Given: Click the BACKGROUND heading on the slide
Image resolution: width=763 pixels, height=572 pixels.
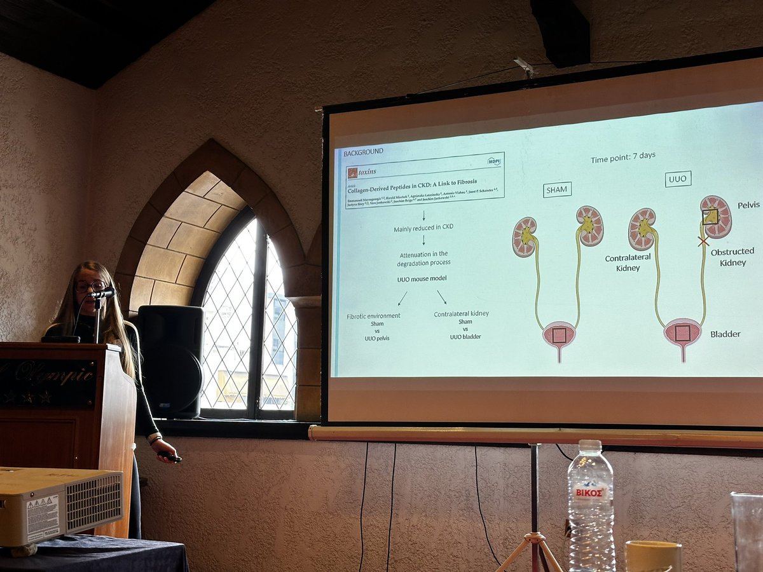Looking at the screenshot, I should click(x=363, y=152).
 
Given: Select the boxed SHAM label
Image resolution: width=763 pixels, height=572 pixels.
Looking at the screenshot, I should click(x=557, y=189).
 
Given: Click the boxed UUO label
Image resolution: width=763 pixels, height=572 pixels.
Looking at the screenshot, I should click(x=678, y=179).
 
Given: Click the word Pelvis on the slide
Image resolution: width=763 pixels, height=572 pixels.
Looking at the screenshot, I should click(x=748, y=205).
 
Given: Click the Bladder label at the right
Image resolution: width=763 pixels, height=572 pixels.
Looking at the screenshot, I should click(x=725, y=334).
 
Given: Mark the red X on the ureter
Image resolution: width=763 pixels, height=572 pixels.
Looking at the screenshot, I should click(x=703, y=242).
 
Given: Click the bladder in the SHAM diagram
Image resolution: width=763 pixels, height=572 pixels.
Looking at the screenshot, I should click(x=559, y=335).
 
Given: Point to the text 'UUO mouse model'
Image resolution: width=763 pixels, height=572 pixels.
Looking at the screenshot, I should click(x=422, y=279).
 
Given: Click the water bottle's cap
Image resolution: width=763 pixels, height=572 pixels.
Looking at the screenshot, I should click(x=591, y=445).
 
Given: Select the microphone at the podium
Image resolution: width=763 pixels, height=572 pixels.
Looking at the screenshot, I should click(x=102, y=294).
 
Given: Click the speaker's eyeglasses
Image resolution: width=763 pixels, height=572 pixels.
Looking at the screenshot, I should click(x=90, y=286).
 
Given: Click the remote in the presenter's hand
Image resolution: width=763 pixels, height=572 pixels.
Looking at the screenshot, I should click(x=170, y=456).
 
